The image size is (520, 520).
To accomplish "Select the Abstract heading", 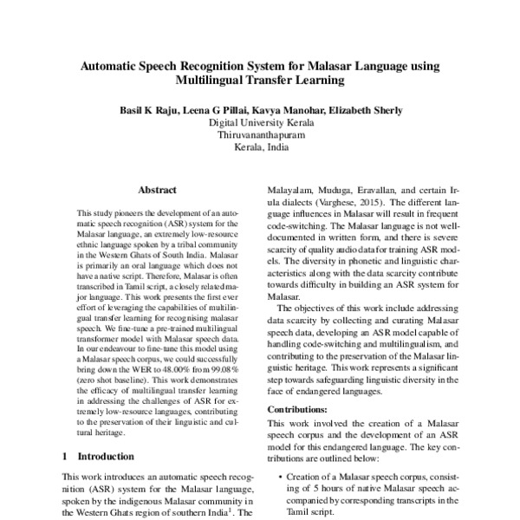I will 157,190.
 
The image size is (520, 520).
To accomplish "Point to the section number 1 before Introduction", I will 66,455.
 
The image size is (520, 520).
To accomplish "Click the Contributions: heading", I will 297,408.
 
